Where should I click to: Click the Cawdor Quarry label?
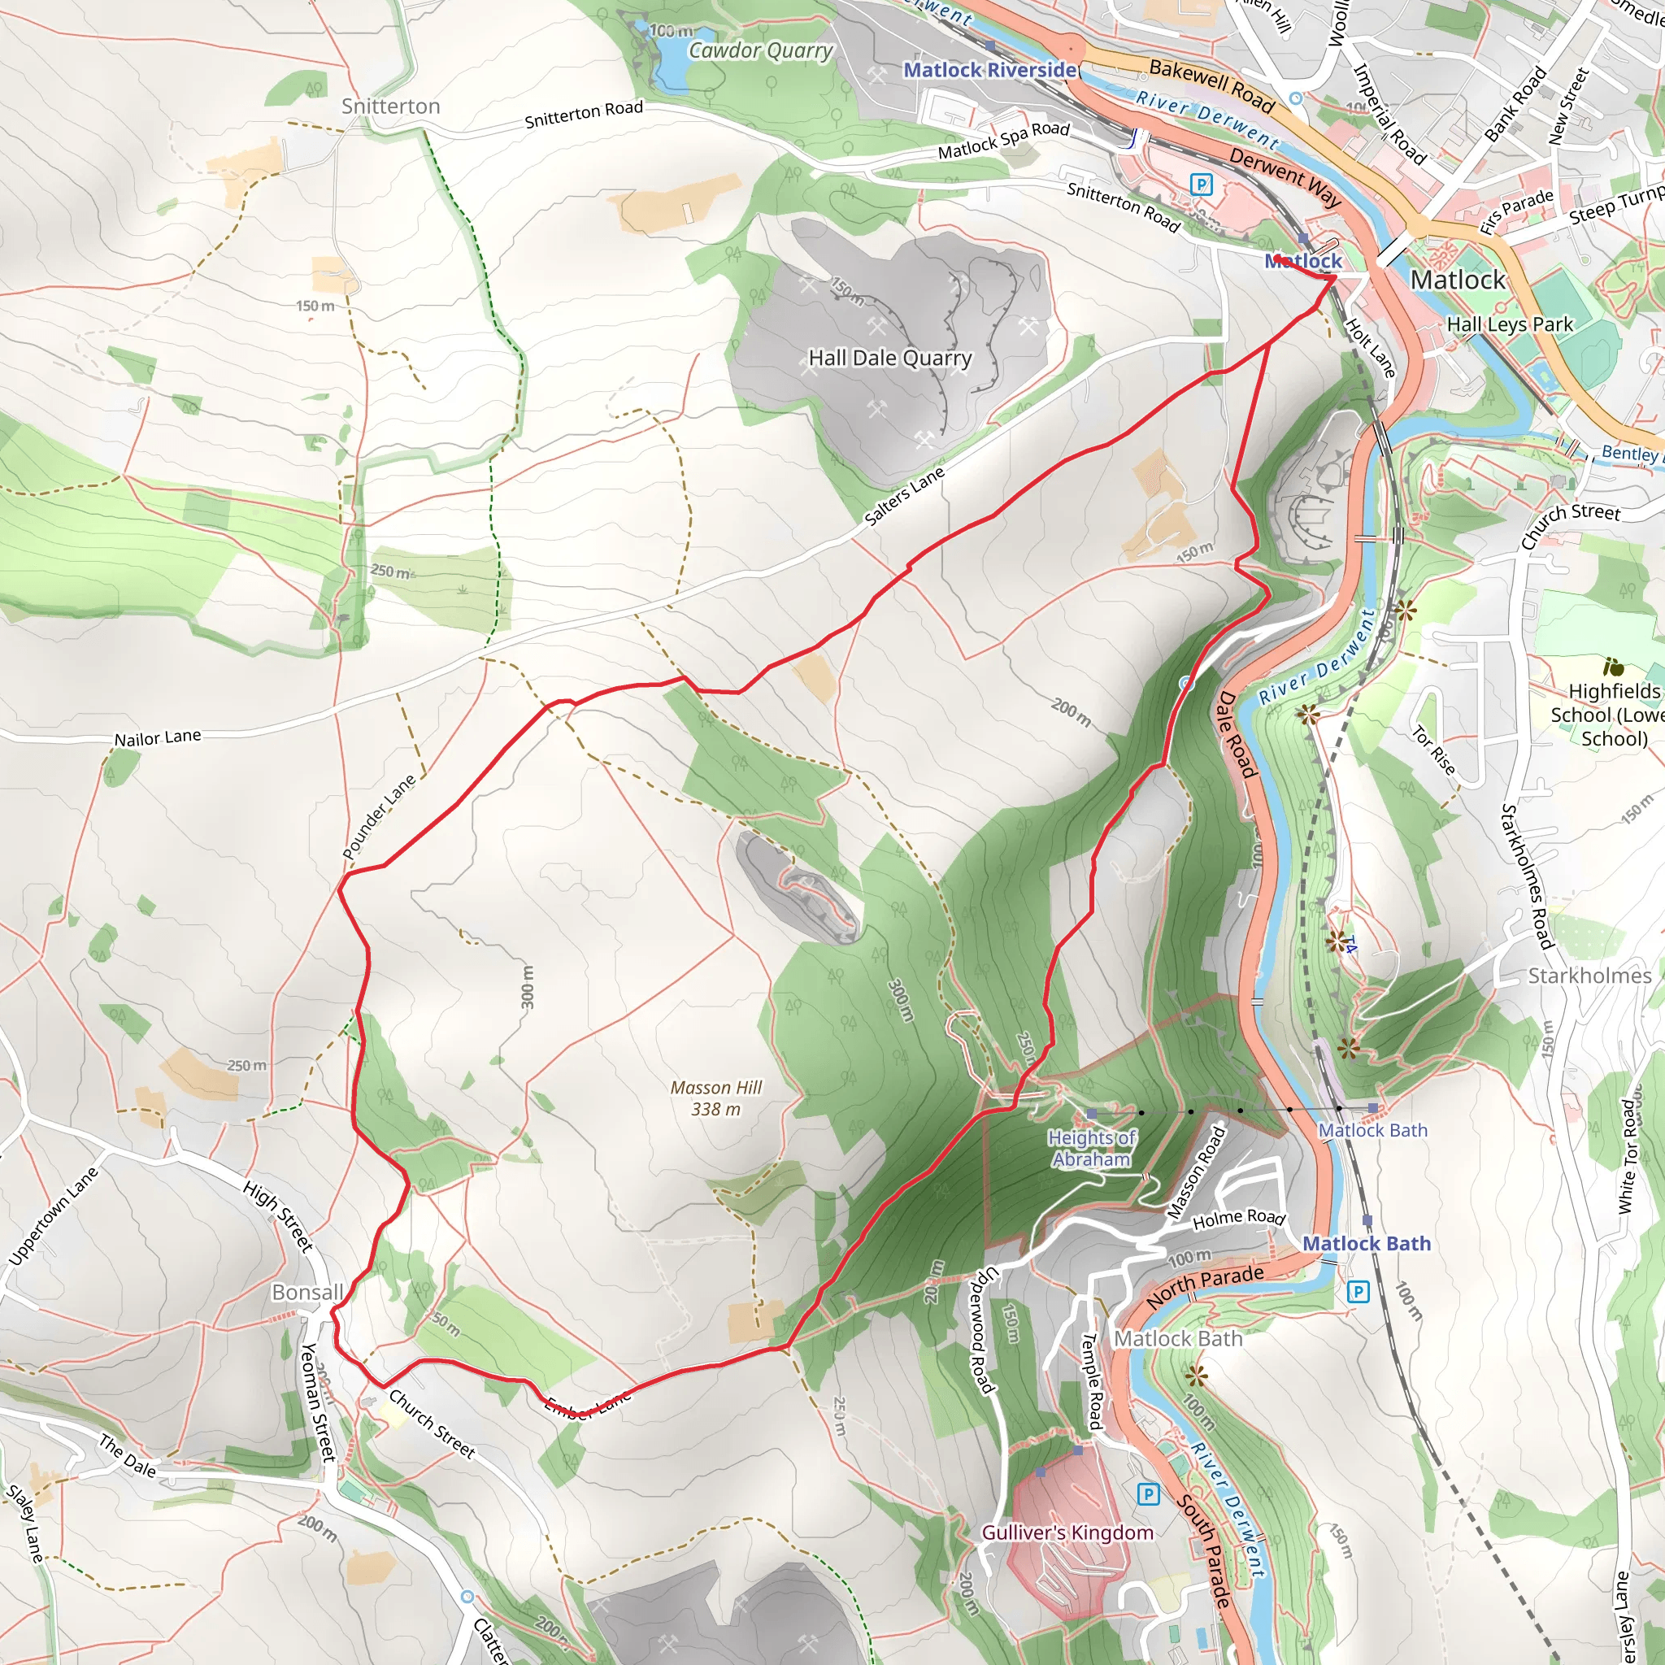click(760, 51)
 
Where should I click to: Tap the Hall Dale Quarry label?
click(889, 358)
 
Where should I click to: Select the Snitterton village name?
click(390, 106)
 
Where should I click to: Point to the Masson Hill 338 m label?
click(716, 1098)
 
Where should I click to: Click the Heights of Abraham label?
click(1091, 1148)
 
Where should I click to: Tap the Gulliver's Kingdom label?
click(1067, 1532)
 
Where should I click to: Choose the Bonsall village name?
click(306, 1293)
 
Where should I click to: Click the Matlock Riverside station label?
click(989, 70)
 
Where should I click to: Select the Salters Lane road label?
click(904, 496)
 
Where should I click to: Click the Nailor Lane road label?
click(158, 738)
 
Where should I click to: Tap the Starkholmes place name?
click(1589, 976)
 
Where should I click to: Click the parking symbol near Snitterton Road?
click(1201, 184)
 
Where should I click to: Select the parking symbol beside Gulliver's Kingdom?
click(1147, 1493)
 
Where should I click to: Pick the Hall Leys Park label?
click(1509, 324)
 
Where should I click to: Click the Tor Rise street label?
click(1433, 750)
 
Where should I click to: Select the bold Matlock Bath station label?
click(1366, 1244)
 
